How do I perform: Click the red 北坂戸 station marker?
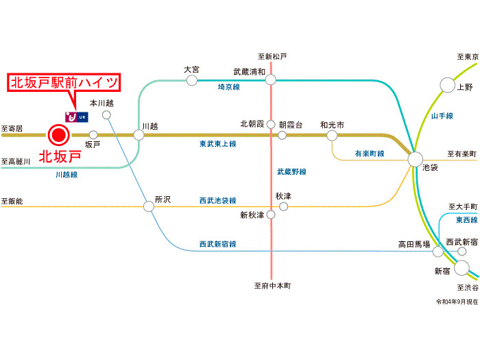coord(59,134)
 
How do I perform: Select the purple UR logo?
coord(75,117)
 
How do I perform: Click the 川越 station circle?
coord(139,134)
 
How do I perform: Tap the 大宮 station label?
coord(191,69)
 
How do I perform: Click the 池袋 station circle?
coord(416,159)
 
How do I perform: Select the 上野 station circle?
coord(447,85)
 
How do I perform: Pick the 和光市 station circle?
coord(332,135)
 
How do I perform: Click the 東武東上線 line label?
coord(217,144)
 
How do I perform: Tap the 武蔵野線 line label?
coord(291,171)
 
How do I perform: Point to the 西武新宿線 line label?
coord(217,244)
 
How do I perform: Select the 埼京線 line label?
coord(228,87)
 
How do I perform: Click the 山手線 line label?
coord(442,117)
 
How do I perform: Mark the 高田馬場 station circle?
coord(437,252)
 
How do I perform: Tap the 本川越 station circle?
coord(106,115)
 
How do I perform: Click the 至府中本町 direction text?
coord(273,285)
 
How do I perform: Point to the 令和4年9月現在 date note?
coord(455,302)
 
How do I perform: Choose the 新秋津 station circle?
coord(271,215)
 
